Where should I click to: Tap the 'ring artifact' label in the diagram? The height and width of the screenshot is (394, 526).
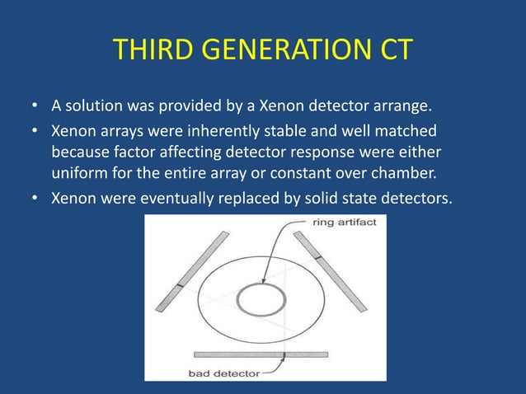345,223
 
